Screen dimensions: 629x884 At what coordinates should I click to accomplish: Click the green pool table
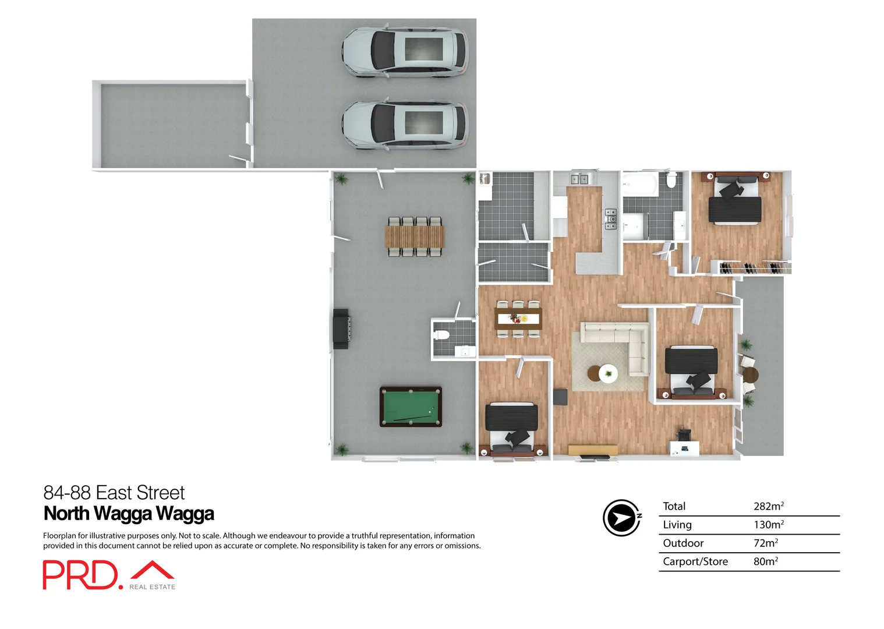coord(411,407)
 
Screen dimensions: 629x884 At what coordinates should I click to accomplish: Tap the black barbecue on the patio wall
coord(341,329)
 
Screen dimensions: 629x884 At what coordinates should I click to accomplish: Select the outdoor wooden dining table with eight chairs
coord(415,236)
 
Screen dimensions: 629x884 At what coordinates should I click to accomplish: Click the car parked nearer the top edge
coord(405,51)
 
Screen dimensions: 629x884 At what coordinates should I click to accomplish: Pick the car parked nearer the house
coord(405,125)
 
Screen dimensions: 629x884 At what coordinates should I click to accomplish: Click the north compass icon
coord(622,517)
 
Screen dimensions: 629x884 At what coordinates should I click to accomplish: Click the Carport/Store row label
coord(695,561)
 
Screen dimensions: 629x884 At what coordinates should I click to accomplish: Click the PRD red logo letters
coord(80,575)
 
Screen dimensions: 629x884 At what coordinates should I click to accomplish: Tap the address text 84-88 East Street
coord(114,493)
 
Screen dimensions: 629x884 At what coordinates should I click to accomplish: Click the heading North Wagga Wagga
coord(129,514)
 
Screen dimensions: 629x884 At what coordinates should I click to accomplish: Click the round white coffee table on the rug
coord(608,373)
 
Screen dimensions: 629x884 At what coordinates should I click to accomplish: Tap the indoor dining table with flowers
coord(518,319)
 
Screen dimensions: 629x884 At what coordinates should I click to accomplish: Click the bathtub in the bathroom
coord(639,186)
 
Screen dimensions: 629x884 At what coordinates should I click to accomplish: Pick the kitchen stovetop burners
coord(611,219)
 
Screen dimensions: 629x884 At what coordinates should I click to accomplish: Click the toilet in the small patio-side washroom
coord(442,335)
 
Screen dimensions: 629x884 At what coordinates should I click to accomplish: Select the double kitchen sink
coord(579,179)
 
